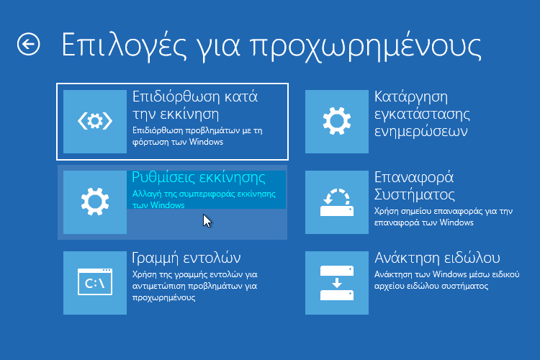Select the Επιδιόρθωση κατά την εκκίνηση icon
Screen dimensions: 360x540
[95, 122]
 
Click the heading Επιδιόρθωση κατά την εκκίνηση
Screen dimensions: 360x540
[195, 105]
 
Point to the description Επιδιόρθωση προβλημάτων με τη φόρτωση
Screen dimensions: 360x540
[195, 136]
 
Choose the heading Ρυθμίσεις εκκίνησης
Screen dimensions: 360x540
[199, 178]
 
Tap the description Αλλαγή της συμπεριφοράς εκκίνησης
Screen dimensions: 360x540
[204, 199]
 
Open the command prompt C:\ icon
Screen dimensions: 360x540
[95, 283]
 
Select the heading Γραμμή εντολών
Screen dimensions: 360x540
[186, 258]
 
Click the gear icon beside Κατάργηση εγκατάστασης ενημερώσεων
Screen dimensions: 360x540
[336, 122]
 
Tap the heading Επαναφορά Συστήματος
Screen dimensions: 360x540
[414, 186]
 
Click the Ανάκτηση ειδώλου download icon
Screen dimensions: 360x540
[336, 283]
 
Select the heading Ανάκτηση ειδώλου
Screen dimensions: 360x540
[437, 258]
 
